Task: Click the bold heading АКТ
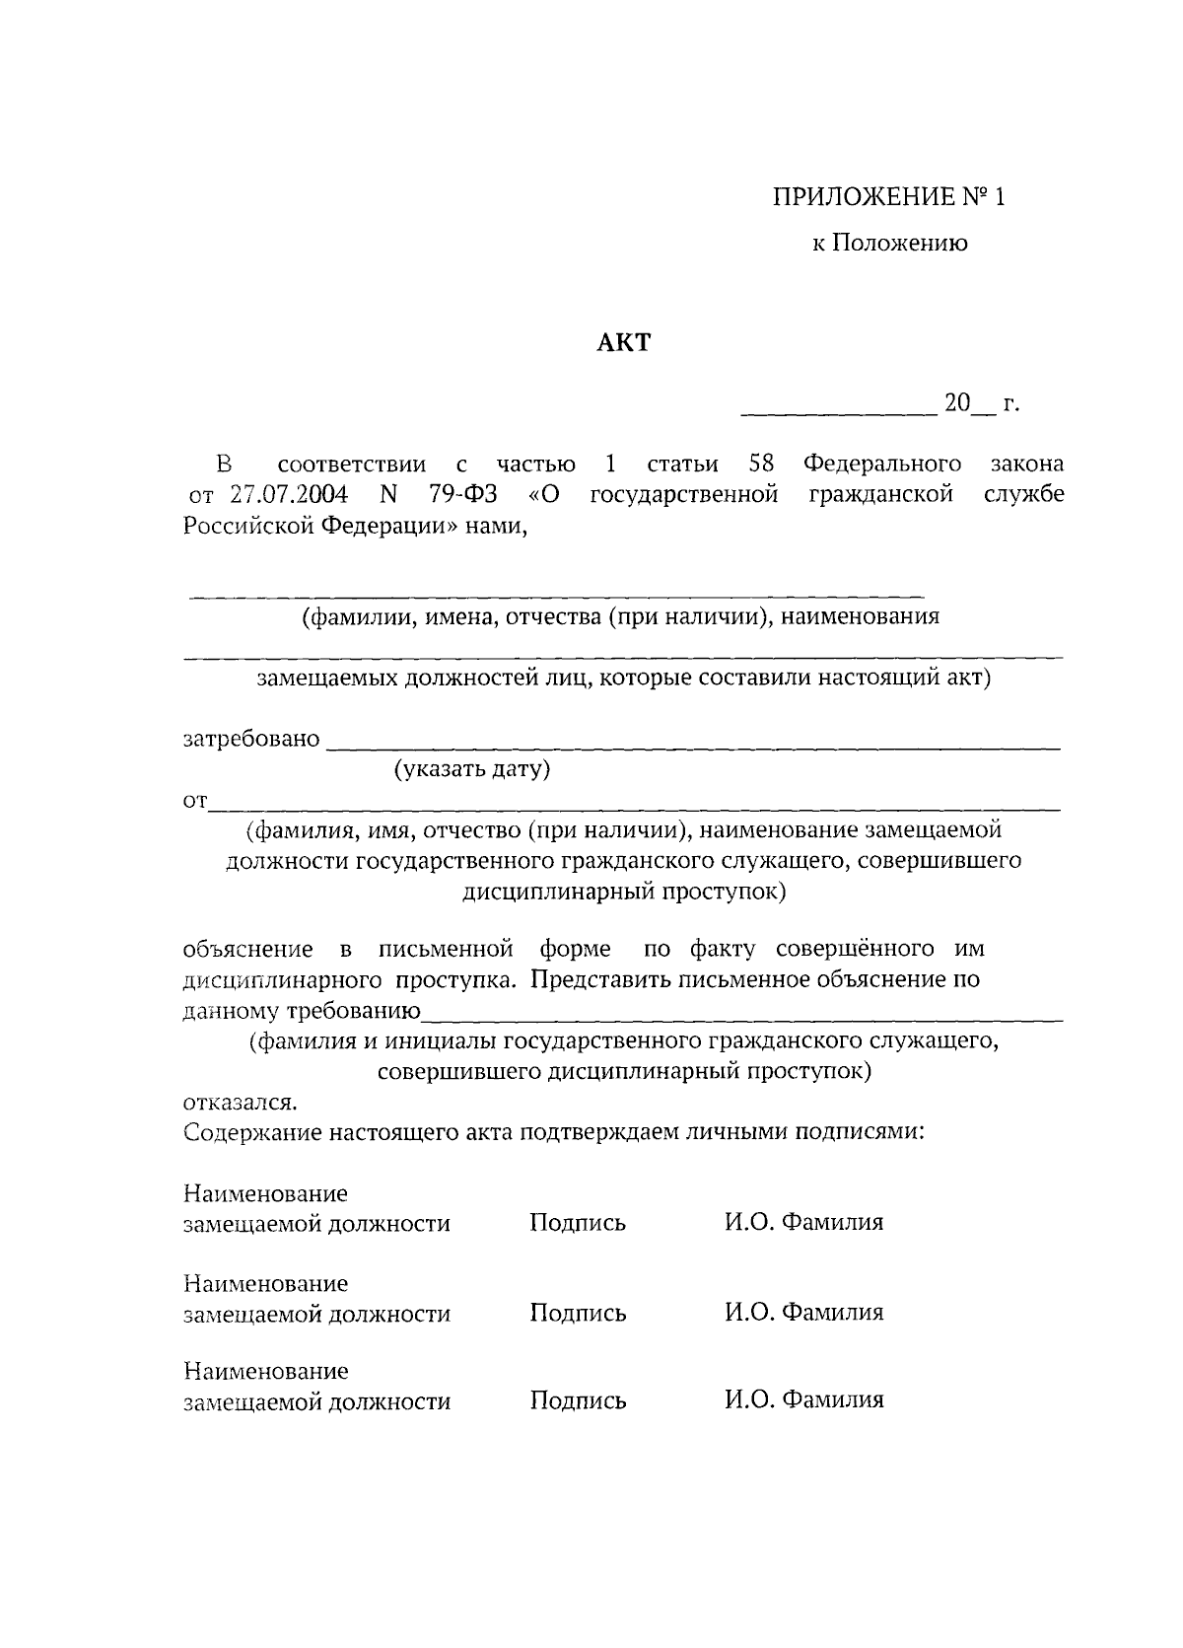(x=625, y=342)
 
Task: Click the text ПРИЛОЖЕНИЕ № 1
(x=888, y=196)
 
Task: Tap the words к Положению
(x=889, y=243)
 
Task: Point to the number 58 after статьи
(x=761, y=464)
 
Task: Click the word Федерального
(x=882, y=464)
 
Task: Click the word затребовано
(x=251, y=739)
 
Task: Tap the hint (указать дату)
(x=471, y=769)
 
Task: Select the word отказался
(x=239, y=1101)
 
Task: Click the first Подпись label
(x=578, y=1224)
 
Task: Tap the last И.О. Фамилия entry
(x=804, y=1399)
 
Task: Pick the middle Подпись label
(x=578, y=1314)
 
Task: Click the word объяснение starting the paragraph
(x=248, y=950)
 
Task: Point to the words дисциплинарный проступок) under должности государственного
(x=624, y=893)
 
